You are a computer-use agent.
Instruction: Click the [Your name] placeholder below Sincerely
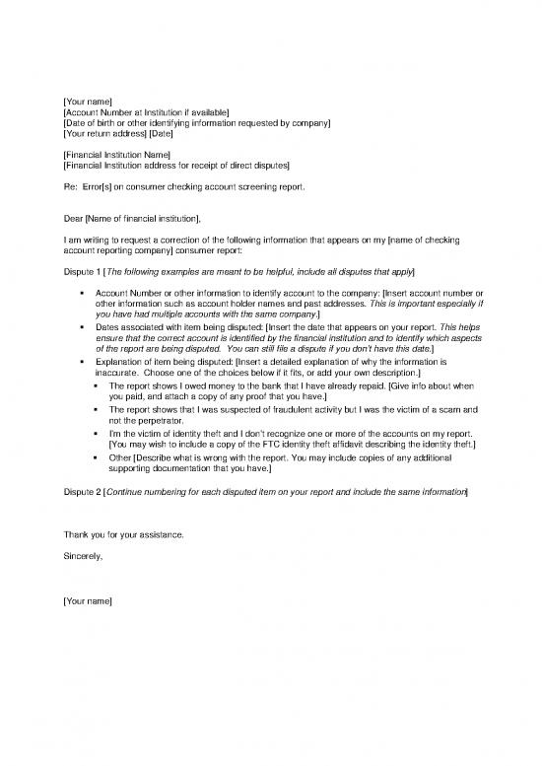click(87, 600)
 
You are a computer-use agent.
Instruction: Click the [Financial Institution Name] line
click(116, 155)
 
